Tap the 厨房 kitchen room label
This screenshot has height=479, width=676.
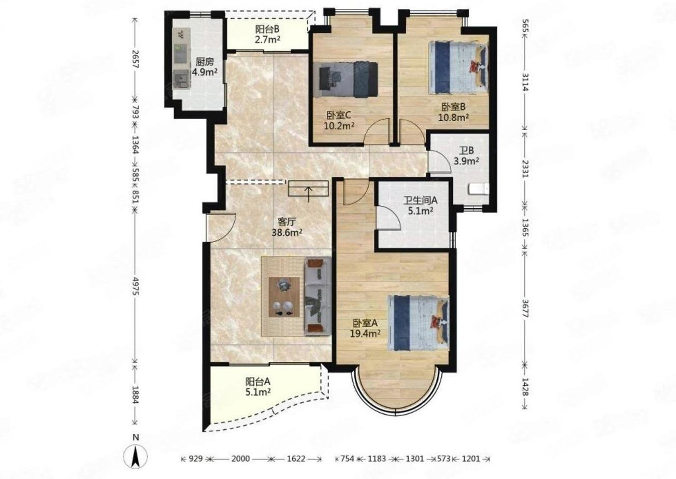point(205,62)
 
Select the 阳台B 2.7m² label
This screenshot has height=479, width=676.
point(268,34)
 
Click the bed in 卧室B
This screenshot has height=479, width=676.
point(458,67)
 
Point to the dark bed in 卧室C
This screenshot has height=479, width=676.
point(346,79)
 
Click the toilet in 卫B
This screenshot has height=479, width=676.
point(479,189)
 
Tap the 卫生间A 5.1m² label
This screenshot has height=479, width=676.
point(421,205)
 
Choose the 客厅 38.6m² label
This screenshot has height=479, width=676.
point(286,227)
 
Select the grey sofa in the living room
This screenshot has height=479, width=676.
point(318,297)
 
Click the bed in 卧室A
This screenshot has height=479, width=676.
point(418,323)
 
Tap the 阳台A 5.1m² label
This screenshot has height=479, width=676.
point(257,387)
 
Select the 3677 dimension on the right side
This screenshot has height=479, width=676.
point(525,308)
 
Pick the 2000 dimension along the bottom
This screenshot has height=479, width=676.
point(240,459)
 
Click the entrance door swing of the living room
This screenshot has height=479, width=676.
point(221,227)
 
